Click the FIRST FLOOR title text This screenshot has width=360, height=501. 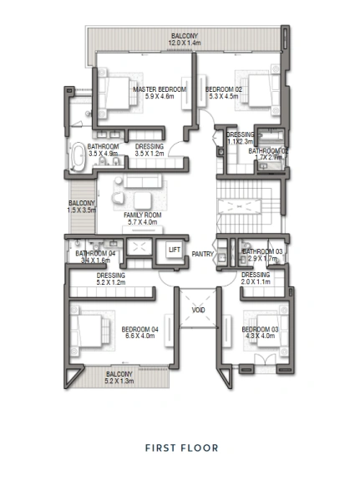click(x=181, y=448)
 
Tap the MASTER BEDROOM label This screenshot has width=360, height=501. click(x=160, y=89)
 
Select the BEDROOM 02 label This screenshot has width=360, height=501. click(x=223, y=89)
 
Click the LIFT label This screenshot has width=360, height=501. click(x=174, y=250)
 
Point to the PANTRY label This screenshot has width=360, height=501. click(x=202, y=254)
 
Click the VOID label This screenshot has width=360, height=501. click(x=198, y=309)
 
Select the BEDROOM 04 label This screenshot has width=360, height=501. click(x=139, y=329)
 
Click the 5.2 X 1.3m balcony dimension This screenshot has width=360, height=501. click(x=119, y=381)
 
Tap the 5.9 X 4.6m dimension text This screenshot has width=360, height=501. click(x=160, y=97)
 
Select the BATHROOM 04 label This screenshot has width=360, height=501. click(x=94, y=253)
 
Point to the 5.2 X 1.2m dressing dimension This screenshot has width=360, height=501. click(x=110, y=281)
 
